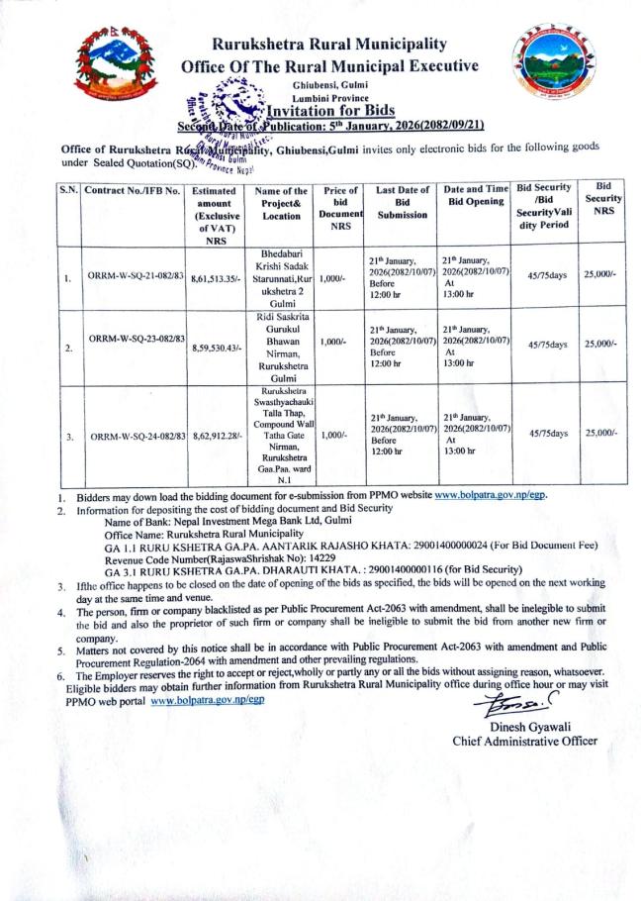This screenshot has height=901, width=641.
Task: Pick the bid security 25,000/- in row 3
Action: tap(601, 433)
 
